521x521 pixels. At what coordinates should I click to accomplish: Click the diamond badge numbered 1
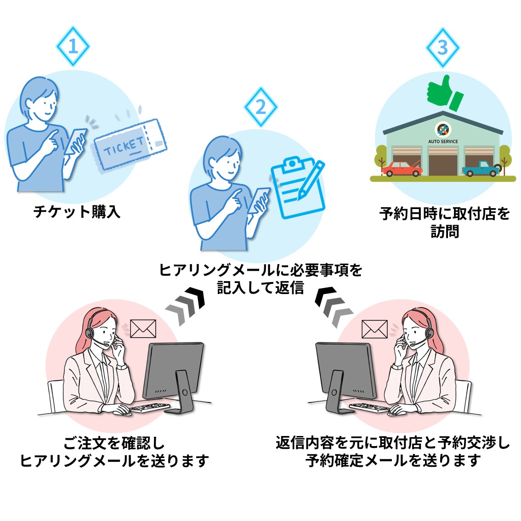73,46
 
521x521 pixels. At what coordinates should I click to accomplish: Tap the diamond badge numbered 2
261,107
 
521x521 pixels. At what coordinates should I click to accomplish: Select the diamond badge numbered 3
443,48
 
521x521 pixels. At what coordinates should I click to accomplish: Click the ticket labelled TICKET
130,146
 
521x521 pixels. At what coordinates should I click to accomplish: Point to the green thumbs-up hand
445,93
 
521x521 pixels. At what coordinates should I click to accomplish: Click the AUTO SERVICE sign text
443,142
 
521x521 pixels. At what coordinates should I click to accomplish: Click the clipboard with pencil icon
298,187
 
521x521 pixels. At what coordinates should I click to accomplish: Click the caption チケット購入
77,212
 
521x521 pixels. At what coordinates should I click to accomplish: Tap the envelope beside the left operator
143,328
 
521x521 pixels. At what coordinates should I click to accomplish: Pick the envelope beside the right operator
374,329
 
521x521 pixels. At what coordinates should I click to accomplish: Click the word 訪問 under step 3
445,232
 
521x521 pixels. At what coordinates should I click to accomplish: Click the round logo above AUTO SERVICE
443,129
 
